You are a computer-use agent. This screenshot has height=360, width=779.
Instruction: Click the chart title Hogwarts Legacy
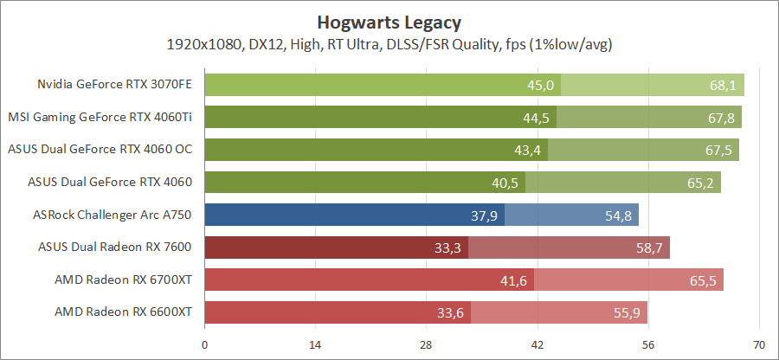click(389, 21)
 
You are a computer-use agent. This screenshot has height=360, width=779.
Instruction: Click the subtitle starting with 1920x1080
click(389, 43)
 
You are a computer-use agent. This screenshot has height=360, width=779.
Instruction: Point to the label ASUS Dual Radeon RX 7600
click(115, 247)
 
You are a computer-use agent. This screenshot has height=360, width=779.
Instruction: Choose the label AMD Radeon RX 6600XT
click(123, 312)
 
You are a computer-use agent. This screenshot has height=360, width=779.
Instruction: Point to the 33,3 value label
click(447, 247)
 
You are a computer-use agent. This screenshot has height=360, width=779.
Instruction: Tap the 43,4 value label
click(527, 150)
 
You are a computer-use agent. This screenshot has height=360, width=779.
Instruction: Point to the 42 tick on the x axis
click(537, 344)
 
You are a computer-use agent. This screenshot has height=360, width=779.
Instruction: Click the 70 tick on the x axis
click(758, 344)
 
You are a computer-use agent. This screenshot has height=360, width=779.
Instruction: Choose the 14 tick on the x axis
click(315, 344)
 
